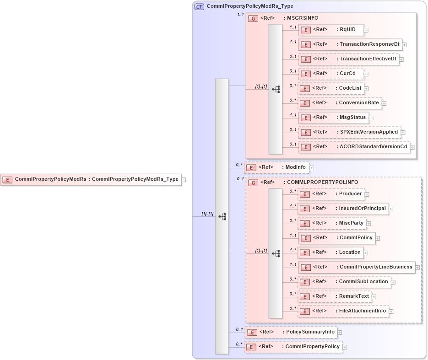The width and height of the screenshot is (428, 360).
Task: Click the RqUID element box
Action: [x=330, y=30]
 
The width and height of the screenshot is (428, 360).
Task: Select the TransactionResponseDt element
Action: [x=350, y=44]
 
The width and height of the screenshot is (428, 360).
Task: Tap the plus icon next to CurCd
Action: [x=366, y=74]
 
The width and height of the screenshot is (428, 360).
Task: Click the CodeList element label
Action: [x=350, y=88]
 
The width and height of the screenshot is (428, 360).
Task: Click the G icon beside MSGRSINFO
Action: [x=253, y=18]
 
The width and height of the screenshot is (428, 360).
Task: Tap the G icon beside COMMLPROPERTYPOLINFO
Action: [x=253, y=183]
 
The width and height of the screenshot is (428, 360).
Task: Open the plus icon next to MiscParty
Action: [x=369, y=224]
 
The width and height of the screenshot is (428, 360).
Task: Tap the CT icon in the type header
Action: [x=200, y=6]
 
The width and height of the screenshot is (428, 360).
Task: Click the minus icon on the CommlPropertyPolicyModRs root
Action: [x=183, y=180]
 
